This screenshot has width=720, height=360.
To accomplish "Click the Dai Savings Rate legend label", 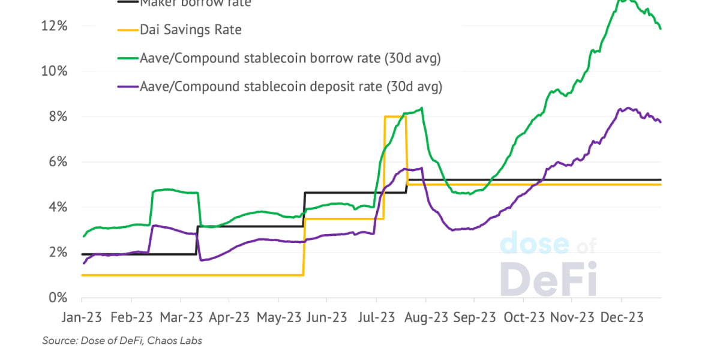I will click(190, 29).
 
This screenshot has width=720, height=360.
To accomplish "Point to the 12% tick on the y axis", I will click(55, 26).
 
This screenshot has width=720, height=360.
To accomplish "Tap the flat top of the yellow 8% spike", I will click(395, 116).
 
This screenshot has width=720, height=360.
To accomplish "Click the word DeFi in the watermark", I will click(548, 278).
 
